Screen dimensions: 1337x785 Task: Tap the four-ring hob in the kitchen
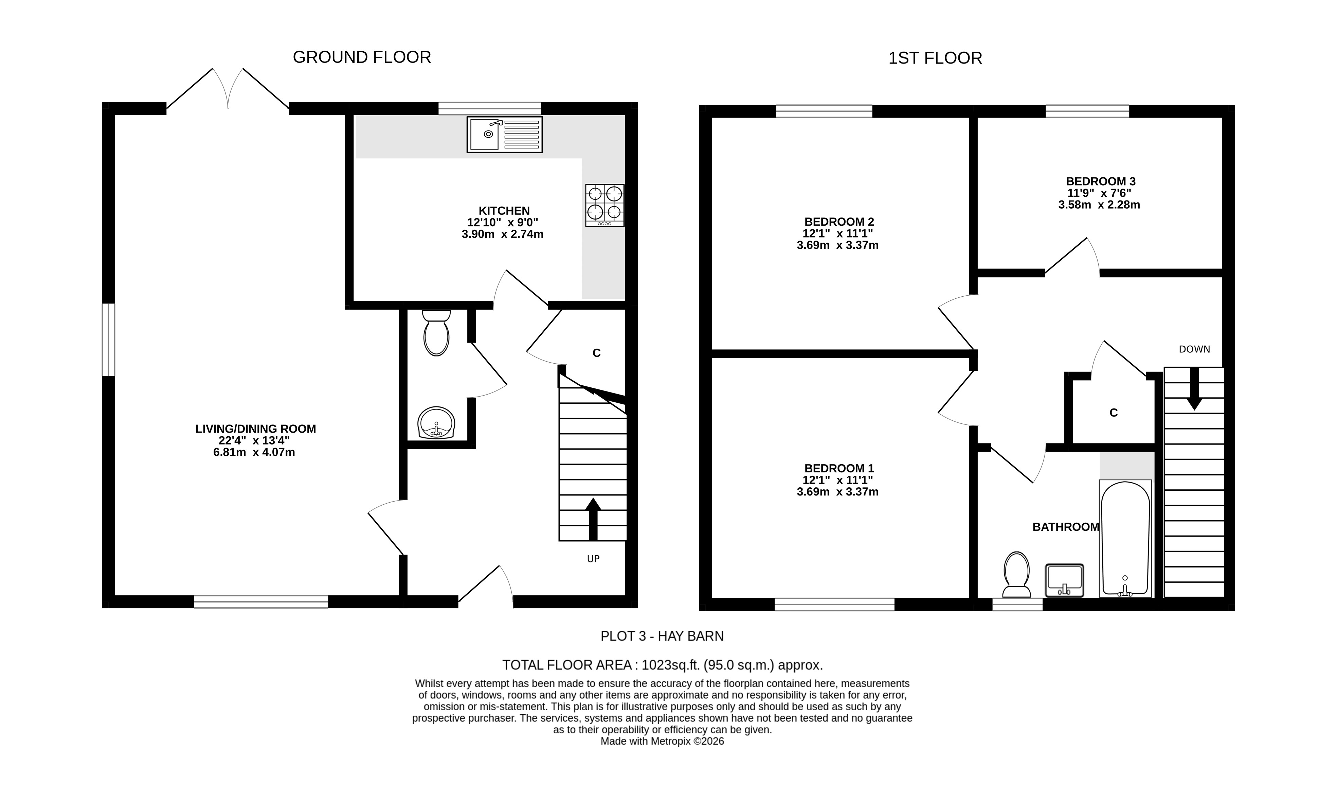click(x=605, y=205)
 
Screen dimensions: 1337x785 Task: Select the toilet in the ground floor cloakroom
click(x=436, y=333)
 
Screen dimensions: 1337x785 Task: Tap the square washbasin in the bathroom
click(x=1064, y=581)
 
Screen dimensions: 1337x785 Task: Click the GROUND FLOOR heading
click(x=362, y=57)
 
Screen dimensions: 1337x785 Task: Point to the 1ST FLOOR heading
click(x=935, y=58)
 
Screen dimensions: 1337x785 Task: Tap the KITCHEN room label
click(x=504, y=211)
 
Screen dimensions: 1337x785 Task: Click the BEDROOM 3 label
click(x=1101, y=181)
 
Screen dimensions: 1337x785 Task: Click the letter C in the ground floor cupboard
click(x=596, y=353)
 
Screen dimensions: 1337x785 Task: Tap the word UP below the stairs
click(x=593, y=559)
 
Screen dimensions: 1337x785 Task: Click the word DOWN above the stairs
click(x=1194, y=349)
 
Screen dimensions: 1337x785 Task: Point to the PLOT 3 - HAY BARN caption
click(x=662, y=636)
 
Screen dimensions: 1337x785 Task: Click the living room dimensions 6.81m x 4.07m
click(x=254, y=452)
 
